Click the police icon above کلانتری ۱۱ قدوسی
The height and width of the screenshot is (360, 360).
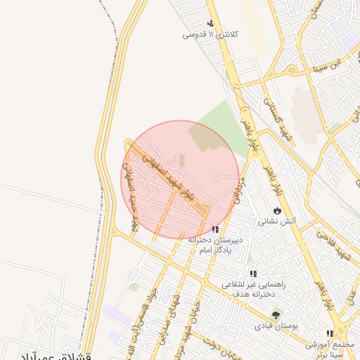point(210,24)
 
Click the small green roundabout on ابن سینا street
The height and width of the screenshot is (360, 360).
point(291,68)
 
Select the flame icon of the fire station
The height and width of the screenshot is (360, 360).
point(278,210)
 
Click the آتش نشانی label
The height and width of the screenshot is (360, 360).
point(279,221)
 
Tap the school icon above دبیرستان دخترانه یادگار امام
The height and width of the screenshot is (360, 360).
point(214,229)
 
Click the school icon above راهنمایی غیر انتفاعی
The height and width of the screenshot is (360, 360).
point(252,274)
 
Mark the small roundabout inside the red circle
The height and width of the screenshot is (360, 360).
point(217,176)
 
